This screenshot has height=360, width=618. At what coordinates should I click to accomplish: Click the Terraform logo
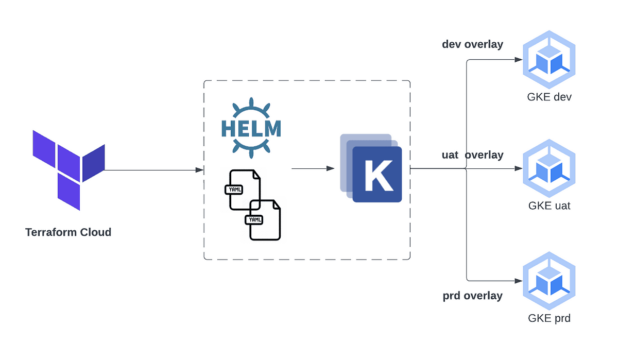tap(68, 169)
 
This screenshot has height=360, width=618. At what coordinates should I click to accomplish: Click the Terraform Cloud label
tap(68, 232)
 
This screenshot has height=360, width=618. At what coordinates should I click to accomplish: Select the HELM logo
tap(251, 126)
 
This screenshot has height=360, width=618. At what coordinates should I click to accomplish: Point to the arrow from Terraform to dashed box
tap(154, 170)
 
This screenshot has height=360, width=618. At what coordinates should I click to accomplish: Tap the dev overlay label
tap(472, 45)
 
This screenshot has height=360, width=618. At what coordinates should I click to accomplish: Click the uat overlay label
tap(472, 155)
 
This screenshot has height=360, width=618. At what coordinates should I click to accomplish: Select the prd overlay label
tap(472, 296)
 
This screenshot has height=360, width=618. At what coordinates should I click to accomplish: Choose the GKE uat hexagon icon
tap(549, 168)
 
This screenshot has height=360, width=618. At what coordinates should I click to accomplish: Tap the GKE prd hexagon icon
tap(549, 281)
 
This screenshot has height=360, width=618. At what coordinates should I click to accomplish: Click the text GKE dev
tap(549, 97)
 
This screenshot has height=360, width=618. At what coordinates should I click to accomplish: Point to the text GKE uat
tap(549, 206)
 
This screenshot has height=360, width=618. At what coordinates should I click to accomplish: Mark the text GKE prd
tap(549, 318)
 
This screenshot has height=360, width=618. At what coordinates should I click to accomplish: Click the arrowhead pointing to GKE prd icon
tap(519, 281)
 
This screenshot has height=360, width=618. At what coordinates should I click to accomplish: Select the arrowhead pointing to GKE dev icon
tap(519, 59)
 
